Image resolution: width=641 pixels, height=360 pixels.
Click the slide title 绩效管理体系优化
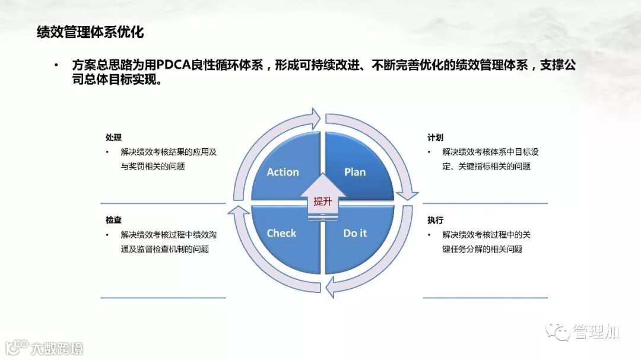(x=90, y=32)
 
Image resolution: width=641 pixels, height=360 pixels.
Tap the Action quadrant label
(x=283, y=172)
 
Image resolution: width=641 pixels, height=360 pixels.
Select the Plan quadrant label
(x=355, y=172)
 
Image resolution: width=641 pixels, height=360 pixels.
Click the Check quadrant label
(x=281, y=233)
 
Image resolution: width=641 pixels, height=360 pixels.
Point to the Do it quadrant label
(x=355, y=233)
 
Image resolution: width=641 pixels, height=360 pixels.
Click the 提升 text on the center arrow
(x=322, y=201)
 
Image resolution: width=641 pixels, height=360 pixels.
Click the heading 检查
(x=113, y=220)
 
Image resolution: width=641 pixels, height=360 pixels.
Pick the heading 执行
(x=435, y=220)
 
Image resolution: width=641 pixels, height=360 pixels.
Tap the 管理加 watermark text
(x=596, y=332)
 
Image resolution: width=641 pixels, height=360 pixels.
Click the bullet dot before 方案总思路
(x=56, y=65)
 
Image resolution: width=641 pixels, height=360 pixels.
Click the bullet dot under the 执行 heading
(x=429, y=235)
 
